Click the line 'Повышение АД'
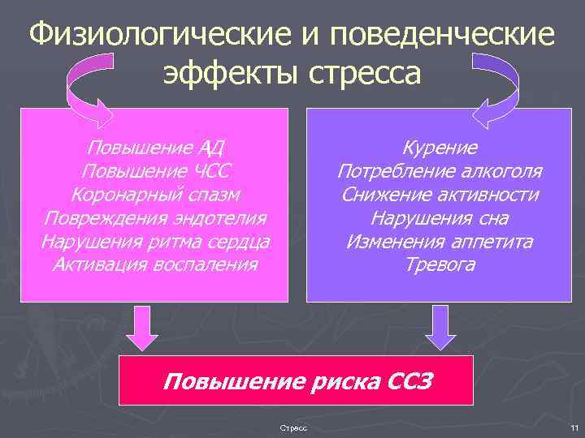pos(155,148)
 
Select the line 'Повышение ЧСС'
pos(155,172)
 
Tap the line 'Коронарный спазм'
pos(155,195)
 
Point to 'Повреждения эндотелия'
pos(155,218)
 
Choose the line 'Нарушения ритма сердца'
pos(155,242)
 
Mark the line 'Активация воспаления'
pos(155,264)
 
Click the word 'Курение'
pos(440,148)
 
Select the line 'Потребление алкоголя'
pos(440,172)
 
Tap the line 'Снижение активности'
pos(440,195)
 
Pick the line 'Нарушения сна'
pos(440,218)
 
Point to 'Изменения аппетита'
pos(440,242)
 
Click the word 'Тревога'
pos(440,264)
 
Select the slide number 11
pos(574,427)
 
